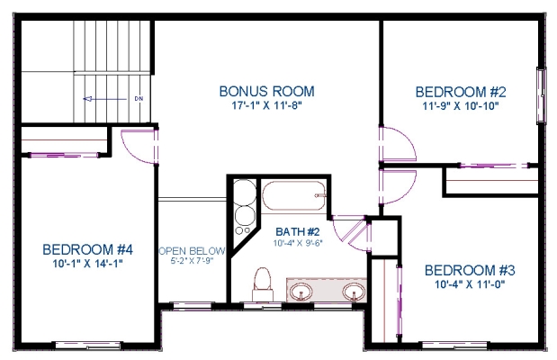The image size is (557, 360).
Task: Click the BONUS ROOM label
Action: point(266,91)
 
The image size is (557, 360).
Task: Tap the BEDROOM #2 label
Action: point(461,92)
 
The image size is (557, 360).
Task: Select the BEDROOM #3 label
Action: point(470,270)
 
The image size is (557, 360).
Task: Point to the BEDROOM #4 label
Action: point(87,249)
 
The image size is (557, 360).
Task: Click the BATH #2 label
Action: point(298,231)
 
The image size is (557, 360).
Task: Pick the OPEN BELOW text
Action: point(192,251)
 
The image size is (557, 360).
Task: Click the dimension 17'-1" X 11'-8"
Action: point(266,105)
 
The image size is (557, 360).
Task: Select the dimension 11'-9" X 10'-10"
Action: point(461,106)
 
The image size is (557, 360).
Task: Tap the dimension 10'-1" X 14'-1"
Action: point(87,264)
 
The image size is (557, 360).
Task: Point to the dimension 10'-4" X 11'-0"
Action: point(470,284)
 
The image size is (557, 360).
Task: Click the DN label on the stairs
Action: point(139,98)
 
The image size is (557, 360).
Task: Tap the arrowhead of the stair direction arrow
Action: point(87,99)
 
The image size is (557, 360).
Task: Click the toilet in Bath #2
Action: point(262,284)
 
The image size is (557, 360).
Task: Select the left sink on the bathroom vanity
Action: point(301,292)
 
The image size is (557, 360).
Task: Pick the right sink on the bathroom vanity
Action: point(354,292)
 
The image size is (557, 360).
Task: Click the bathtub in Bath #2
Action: point(293,195)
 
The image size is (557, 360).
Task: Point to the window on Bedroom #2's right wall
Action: point(541,95)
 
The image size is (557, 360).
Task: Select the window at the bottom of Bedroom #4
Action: point(88,345)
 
